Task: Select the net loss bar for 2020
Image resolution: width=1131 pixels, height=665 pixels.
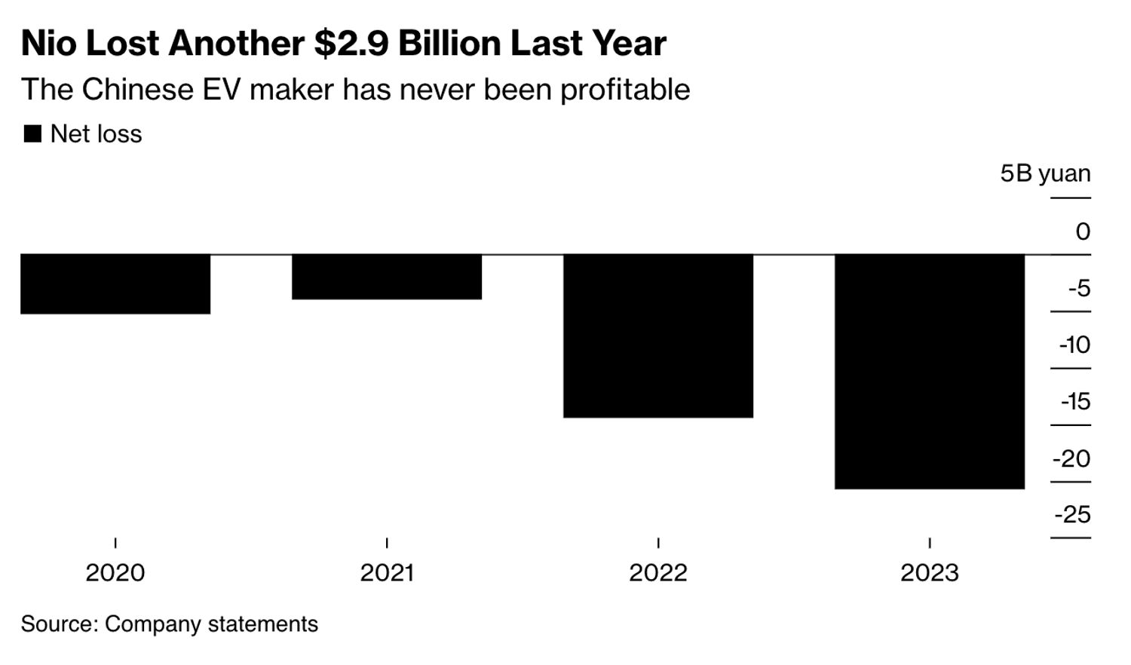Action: point(115,283)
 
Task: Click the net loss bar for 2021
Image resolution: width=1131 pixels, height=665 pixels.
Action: point(387,277)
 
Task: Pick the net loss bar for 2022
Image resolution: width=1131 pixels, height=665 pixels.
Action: point(658,336)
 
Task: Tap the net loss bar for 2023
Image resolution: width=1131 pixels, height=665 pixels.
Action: point(930,371)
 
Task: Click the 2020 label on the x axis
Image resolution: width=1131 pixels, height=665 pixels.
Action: point(115,573)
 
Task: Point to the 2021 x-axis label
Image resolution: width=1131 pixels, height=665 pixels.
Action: point(387,573)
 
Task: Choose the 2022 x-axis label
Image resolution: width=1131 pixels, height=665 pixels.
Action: point(658,573)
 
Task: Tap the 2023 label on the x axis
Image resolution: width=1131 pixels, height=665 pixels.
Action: point(930,573)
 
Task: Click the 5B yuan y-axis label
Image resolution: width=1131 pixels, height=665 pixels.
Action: point(1045,173)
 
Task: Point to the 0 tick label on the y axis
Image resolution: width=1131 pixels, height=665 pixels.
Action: point(1083,231)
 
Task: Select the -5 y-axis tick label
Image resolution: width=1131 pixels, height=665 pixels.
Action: point(1079,288)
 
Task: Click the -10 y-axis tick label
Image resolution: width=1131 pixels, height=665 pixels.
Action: point(1074,345)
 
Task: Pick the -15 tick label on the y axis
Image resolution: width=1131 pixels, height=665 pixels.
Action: point(1075,401)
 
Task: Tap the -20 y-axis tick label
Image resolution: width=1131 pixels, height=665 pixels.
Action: point(1071,458)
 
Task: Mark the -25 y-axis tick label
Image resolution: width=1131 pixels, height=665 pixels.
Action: point(1072,515)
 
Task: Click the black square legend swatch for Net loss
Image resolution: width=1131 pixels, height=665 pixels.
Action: point(32,134)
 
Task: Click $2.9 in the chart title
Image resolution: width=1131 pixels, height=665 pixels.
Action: point(351,44)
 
